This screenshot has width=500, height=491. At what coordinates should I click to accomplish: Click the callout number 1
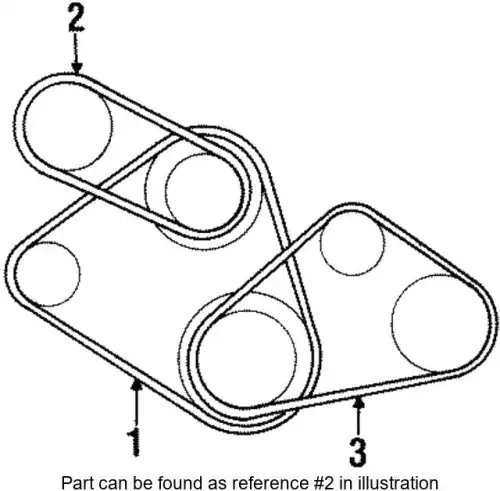coord(134,443)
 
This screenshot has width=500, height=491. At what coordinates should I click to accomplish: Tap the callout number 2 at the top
coord(76,19)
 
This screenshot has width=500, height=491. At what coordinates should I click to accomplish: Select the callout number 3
coord(358,452)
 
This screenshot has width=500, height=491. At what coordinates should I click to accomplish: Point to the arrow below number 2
coord(77,53)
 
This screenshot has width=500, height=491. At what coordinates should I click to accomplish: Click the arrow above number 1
coord(136,403)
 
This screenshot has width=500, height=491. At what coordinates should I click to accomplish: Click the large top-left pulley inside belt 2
coord(67,126)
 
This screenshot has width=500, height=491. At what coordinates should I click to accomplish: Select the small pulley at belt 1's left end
coord(48,274)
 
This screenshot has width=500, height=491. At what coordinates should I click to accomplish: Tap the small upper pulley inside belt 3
coord(352,244)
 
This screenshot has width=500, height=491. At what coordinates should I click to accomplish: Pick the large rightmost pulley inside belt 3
coord(441,323)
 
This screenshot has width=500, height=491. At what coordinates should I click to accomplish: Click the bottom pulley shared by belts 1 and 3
coord(247,359)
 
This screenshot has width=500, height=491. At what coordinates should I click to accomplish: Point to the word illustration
coord(397,482)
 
